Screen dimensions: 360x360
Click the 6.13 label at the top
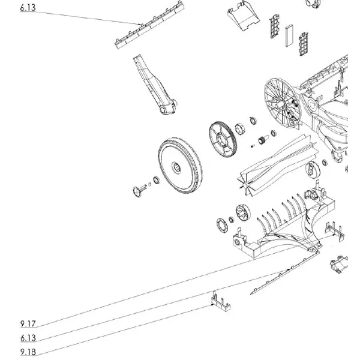pyautogui.click(x=28, y=8)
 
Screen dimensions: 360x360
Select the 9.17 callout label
pyautogui.click(x=28, y=324)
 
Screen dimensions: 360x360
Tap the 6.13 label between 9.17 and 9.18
pyautogui.click(x=28, y=338)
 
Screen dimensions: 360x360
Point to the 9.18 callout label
pyautogui.click(x=28, y=352)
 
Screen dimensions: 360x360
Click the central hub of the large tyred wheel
pyautogui.click(x=176, y=167)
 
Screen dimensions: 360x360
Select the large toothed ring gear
pyautogui.click(x=223, y=139)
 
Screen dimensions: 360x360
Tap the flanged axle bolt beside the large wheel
pyautogui.click(x=139, y=190)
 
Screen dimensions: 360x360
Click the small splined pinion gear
pyautogui.click(x=263, y=140)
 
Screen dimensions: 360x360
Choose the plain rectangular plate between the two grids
pyautogui.click(x=289, y=35)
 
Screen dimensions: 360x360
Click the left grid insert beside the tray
pyautogui.click(x=274, y=26)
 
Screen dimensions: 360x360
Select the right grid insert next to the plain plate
pyautogui.click(x=304, y=44)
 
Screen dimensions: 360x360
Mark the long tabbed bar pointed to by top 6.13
pyautogui.click(x=149, y=25)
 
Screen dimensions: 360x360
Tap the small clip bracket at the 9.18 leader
pyautogui.click(x=220, y=302)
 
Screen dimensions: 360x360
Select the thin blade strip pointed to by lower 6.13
pyautogui.click(x=284, y=273)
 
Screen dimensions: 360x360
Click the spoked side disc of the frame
pyautogui.click(x=282, y=103)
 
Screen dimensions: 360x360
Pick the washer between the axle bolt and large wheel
pyautogui.click(x=156, y=180)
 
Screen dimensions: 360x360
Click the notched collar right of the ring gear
pyautogui.click(x=240, y=129)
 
